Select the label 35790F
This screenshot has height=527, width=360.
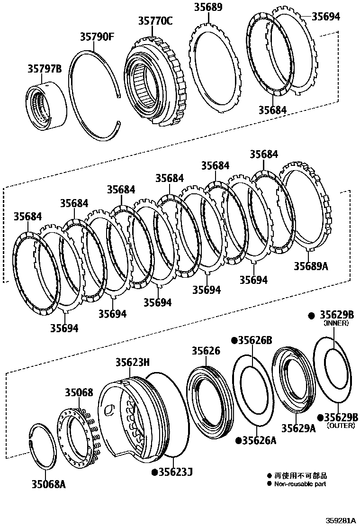coord(97,36)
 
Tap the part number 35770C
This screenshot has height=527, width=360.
coord(155,21)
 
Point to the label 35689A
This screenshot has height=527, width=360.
coord(311,266)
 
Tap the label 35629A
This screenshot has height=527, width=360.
coord(298,428)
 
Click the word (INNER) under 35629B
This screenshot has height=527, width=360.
coord(336,323)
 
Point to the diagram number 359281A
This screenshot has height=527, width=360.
coord(340,520)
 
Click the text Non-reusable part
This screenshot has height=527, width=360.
coord(300,484)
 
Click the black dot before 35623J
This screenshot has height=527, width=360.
coord(154,472)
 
